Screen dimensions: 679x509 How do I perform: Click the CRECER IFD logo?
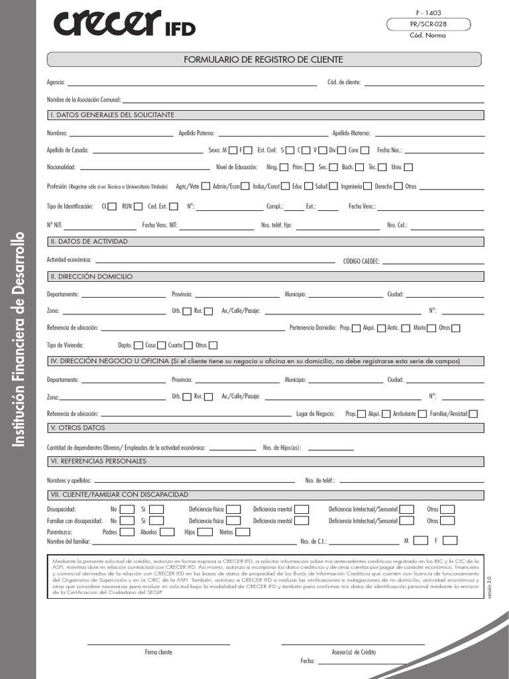[125, 24]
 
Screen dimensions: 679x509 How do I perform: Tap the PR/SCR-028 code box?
[427, 25]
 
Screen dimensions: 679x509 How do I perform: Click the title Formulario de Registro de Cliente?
[263, 60]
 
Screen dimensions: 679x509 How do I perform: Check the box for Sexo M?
[233, 150]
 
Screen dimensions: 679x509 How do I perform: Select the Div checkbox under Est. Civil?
[342, 150]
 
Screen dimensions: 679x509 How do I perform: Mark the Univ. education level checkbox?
[408, 167]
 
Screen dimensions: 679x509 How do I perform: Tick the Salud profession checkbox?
[333, 186]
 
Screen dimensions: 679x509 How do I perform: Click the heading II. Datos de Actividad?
[89, 241]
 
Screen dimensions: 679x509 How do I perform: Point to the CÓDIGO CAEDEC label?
[361, 261]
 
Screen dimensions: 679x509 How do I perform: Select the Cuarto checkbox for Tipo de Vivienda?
[188, 345]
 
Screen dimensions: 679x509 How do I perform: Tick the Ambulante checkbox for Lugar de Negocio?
[424, 414]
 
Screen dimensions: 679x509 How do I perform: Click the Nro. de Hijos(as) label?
[282, 448]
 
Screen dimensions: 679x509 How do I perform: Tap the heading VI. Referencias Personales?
[98, 461]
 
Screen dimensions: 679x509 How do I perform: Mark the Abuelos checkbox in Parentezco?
[167, 532]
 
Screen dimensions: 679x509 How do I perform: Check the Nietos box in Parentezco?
[243, 532]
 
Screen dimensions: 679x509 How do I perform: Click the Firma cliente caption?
[158, 652]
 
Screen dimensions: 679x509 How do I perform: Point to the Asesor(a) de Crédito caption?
[353, 652]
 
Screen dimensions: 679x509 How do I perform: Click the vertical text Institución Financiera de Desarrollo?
[19, 338]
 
